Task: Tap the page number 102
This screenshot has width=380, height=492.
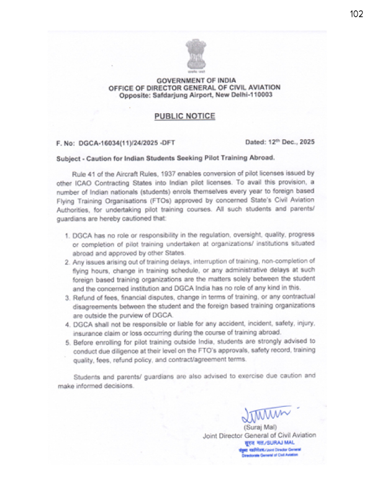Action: point(356,14)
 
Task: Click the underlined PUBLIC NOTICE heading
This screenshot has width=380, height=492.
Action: point(184,116)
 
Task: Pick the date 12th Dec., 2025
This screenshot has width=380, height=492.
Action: point(289,142)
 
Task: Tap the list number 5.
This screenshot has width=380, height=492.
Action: point(68,342)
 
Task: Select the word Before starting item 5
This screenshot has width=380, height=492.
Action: point(86,342)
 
